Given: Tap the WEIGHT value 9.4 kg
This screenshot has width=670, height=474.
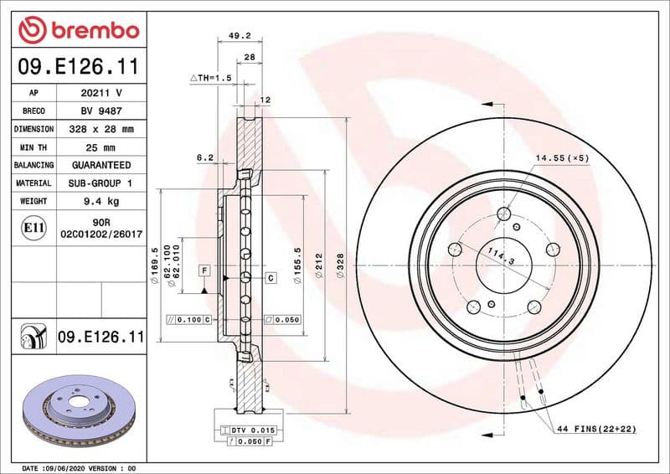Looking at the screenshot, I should [x=100, y=201].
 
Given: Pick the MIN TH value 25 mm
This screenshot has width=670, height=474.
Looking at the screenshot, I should [x=100, y=147].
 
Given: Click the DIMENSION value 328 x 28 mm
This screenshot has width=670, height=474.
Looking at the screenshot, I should [x=100, y=130].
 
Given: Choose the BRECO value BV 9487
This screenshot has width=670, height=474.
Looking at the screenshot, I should [x=100, y=111].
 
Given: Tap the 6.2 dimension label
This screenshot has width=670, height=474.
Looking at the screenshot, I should [x=205, y=157].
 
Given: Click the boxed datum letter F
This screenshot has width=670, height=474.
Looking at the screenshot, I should [x=203, y=270].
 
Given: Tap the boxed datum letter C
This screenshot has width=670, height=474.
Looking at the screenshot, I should [x=271, y=277].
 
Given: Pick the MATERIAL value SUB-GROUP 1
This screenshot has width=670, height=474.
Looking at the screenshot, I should [x=100, y=183].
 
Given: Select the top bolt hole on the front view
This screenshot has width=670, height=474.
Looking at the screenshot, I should [x=502, y=214].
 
